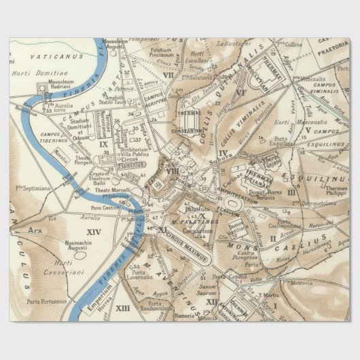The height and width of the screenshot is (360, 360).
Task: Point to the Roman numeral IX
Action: click(104, 144)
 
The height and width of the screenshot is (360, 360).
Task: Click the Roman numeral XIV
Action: click(92, 232)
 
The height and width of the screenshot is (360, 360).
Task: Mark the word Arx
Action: click(35, 230)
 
